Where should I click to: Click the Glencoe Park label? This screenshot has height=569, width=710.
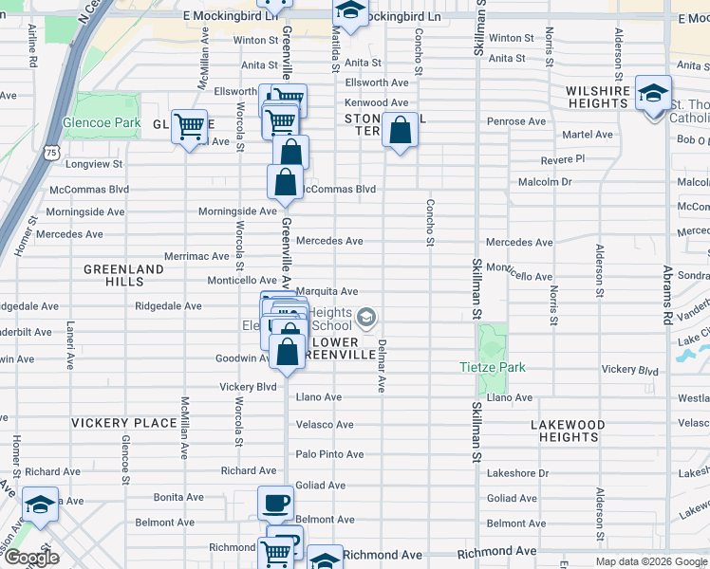click(x=102, y=123)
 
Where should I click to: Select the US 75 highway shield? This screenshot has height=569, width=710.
click(x=50, y=152)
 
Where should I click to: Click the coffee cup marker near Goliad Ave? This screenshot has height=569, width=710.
click(x=275, y=503)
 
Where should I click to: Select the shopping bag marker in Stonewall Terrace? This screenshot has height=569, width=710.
click(x=401, y=130)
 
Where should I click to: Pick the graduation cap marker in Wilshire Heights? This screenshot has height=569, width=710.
click(x=653, y=94)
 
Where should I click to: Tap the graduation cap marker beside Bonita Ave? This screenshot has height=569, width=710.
click(x=40, y=505)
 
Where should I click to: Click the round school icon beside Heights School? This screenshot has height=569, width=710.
click(x=366, y=316)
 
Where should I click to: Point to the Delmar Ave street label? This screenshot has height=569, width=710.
click(x=381, y=366)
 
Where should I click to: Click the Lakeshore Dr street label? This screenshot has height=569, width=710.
click(x=517, y=472)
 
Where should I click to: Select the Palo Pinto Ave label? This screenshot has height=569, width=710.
click(x=329, y=454)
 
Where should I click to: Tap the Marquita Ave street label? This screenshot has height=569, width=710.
click(x=327, y=291)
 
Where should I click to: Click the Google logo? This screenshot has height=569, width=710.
click(x=31, y=558)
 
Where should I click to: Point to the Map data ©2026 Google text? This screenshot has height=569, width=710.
click(x=650, y=561)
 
